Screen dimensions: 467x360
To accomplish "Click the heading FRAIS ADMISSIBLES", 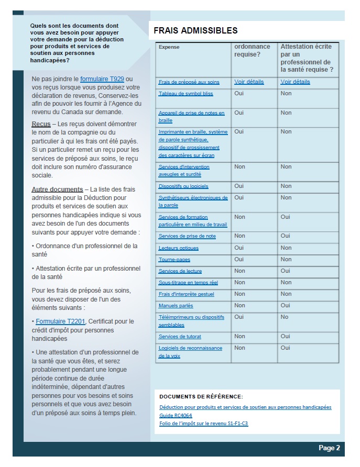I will (x=195, y=31).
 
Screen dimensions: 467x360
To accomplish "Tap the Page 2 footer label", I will (x=329, y=448).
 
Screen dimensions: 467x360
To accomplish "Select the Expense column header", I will (x=169, y=47).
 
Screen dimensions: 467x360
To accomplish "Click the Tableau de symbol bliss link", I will (x=186, y=94).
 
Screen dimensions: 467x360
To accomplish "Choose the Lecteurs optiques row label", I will (x=179, y=248).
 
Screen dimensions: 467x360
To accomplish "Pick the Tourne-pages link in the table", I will (x=174, y=260).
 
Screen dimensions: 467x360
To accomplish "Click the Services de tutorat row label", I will (x=180, y=337).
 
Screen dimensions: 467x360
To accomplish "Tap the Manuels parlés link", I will (x=176, y=306).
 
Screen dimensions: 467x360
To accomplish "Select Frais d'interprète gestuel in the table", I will (x=187, y=294).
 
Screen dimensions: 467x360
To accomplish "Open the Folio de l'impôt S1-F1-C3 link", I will (x=203, y=423).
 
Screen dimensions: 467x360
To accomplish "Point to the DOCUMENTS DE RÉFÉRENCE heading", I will (x=201, y=397).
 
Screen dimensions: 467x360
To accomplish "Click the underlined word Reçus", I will (x=41, y=124).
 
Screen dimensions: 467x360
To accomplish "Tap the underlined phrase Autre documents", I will (x=57, y=189).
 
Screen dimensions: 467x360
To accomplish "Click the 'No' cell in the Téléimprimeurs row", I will (x=284, y=317).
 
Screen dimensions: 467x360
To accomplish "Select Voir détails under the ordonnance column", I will (x=249, y=82).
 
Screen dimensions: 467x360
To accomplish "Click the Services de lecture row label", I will (x=180, y=271).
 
